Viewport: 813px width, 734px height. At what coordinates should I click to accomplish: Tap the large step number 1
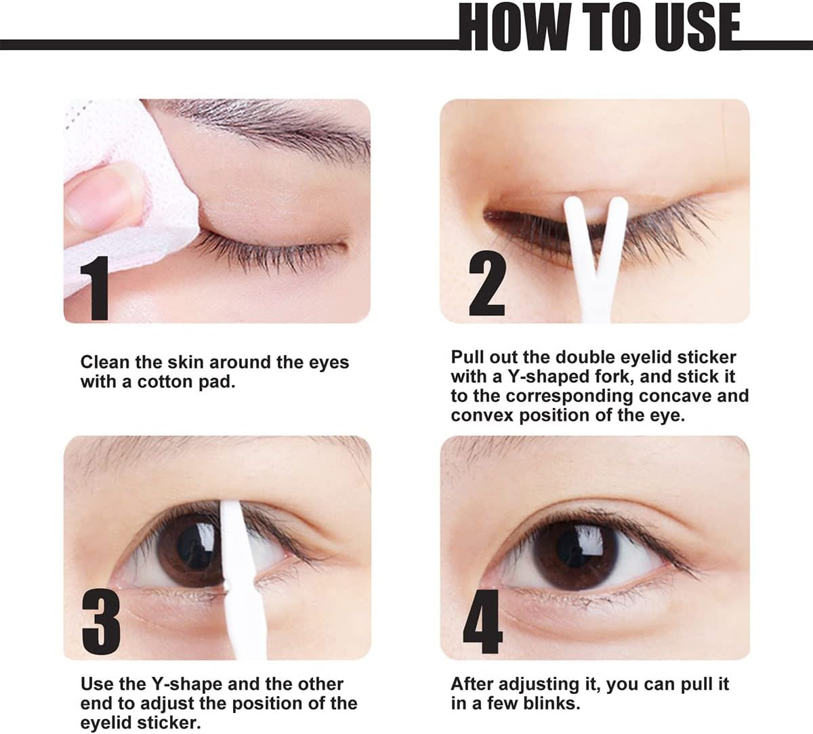94,287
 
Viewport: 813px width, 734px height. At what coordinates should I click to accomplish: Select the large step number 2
487,284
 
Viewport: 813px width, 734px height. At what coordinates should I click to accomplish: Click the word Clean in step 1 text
106,363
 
